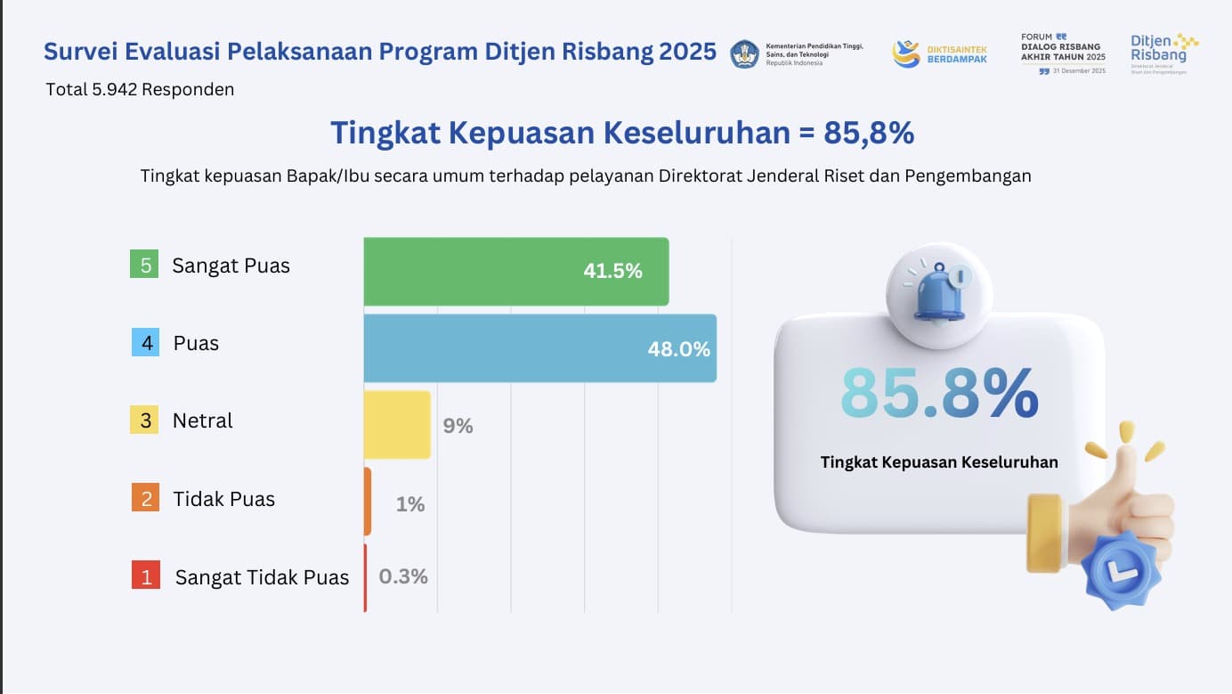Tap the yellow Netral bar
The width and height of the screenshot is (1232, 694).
click(x=397, y=425)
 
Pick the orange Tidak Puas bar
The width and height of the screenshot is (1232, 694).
click(x=368, y=502)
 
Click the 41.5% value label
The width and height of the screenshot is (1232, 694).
click(x=612, y=272)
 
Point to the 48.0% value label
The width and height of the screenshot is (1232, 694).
click(x=678, y=349)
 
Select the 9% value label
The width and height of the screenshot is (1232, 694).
click(x=458, y=426)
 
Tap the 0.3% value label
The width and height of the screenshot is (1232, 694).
click(x=403, y=576)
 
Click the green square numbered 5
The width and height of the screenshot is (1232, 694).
click(x=143, y=265)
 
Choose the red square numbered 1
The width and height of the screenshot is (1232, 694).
click(x=145, y=576)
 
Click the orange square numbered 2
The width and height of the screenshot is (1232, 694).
click(x=144, y=498)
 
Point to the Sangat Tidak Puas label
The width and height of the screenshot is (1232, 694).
click(x=262, y=577)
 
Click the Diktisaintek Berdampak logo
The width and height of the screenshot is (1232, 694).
click(x=939, y=53)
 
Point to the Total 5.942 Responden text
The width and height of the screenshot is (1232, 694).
click(x=140, y=89)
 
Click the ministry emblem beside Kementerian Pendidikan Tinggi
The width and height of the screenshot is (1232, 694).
click(x=745, y=53)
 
